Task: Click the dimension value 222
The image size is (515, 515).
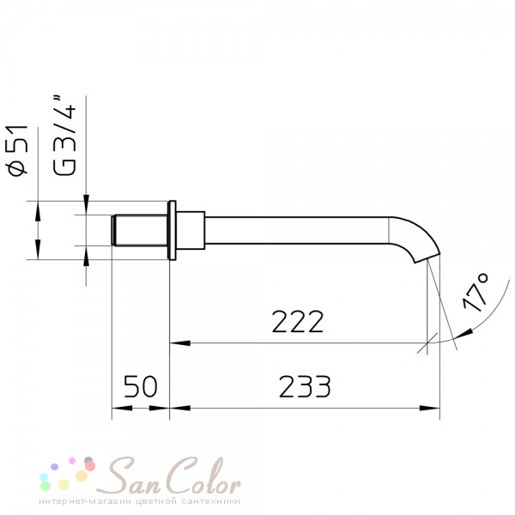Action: [x=298, y=322]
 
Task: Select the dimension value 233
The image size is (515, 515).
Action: [x=305, y=386]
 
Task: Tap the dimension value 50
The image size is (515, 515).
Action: [x=141, y=386]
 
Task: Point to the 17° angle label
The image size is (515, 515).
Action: [x=476, y=292]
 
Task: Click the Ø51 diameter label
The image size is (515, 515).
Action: [x=17, y=149]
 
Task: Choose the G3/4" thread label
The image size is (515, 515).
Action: [x=64, y=136]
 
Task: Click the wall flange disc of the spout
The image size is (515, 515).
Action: [x=172, y=231]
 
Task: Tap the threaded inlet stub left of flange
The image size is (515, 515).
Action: [x=139, y=230]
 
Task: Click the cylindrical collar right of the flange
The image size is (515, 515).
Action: [x=191, y=231]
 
